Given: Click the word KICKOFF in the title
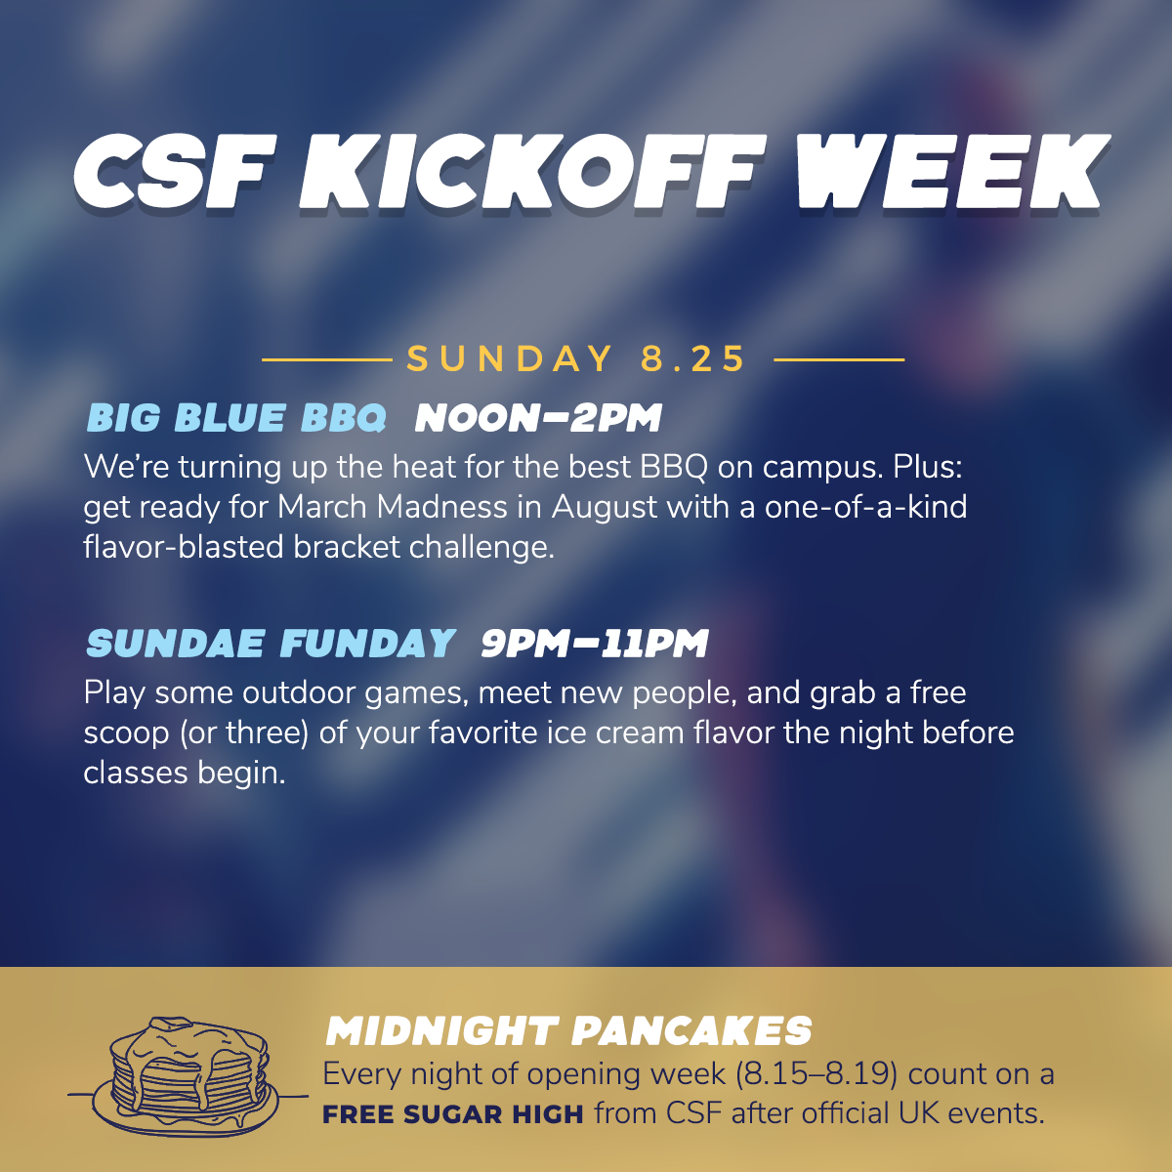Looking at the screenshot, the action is tap(532, 173).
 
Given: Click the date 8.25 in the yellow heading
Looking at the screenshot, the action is tap(692, 358).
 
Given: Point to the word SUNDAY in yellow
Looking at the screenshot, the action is tap(510, 358).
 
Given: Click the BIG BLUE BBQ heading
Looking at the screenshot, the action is tap(236, 418).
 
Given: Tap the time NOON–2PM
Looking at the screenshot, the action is tap(538, 418).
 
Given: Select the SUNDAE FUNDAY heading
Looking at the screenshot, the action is tap(271, 643).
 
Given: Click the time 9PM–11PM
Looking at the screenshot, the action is tap(595, 643).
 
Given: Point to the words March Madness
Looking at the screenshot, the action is tap(393, 507).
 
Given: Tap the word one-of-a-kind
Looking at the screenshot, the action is tap(865, 507).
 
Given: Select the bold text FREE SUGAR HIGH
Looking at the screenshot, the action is tap(453, 1114).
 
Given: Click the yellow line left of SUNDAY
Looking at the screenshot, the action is tap(327, 359).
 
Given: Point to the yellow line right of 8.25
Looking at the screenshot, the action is tap(839, 359).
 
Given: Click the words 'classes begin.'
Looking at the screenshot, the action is tap(185, 774).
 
